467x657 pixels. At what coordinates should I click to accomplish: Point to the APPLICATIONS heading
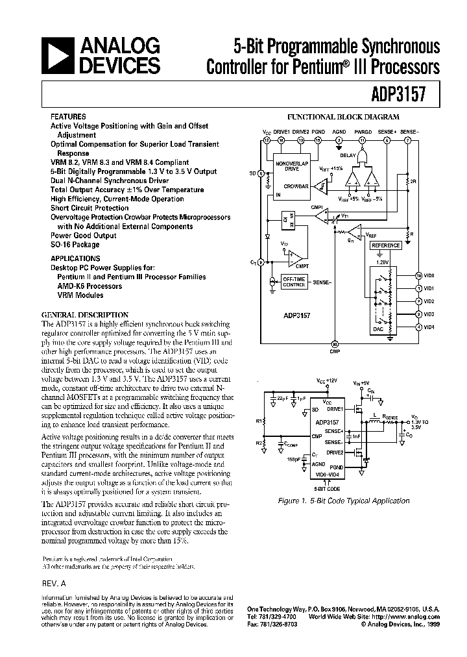(75, 257)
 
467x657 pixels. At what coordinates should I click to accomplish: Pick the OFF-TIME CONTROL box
(294, 281)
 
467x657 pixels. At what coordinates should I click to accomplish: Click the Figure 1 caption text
(343, 501)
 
